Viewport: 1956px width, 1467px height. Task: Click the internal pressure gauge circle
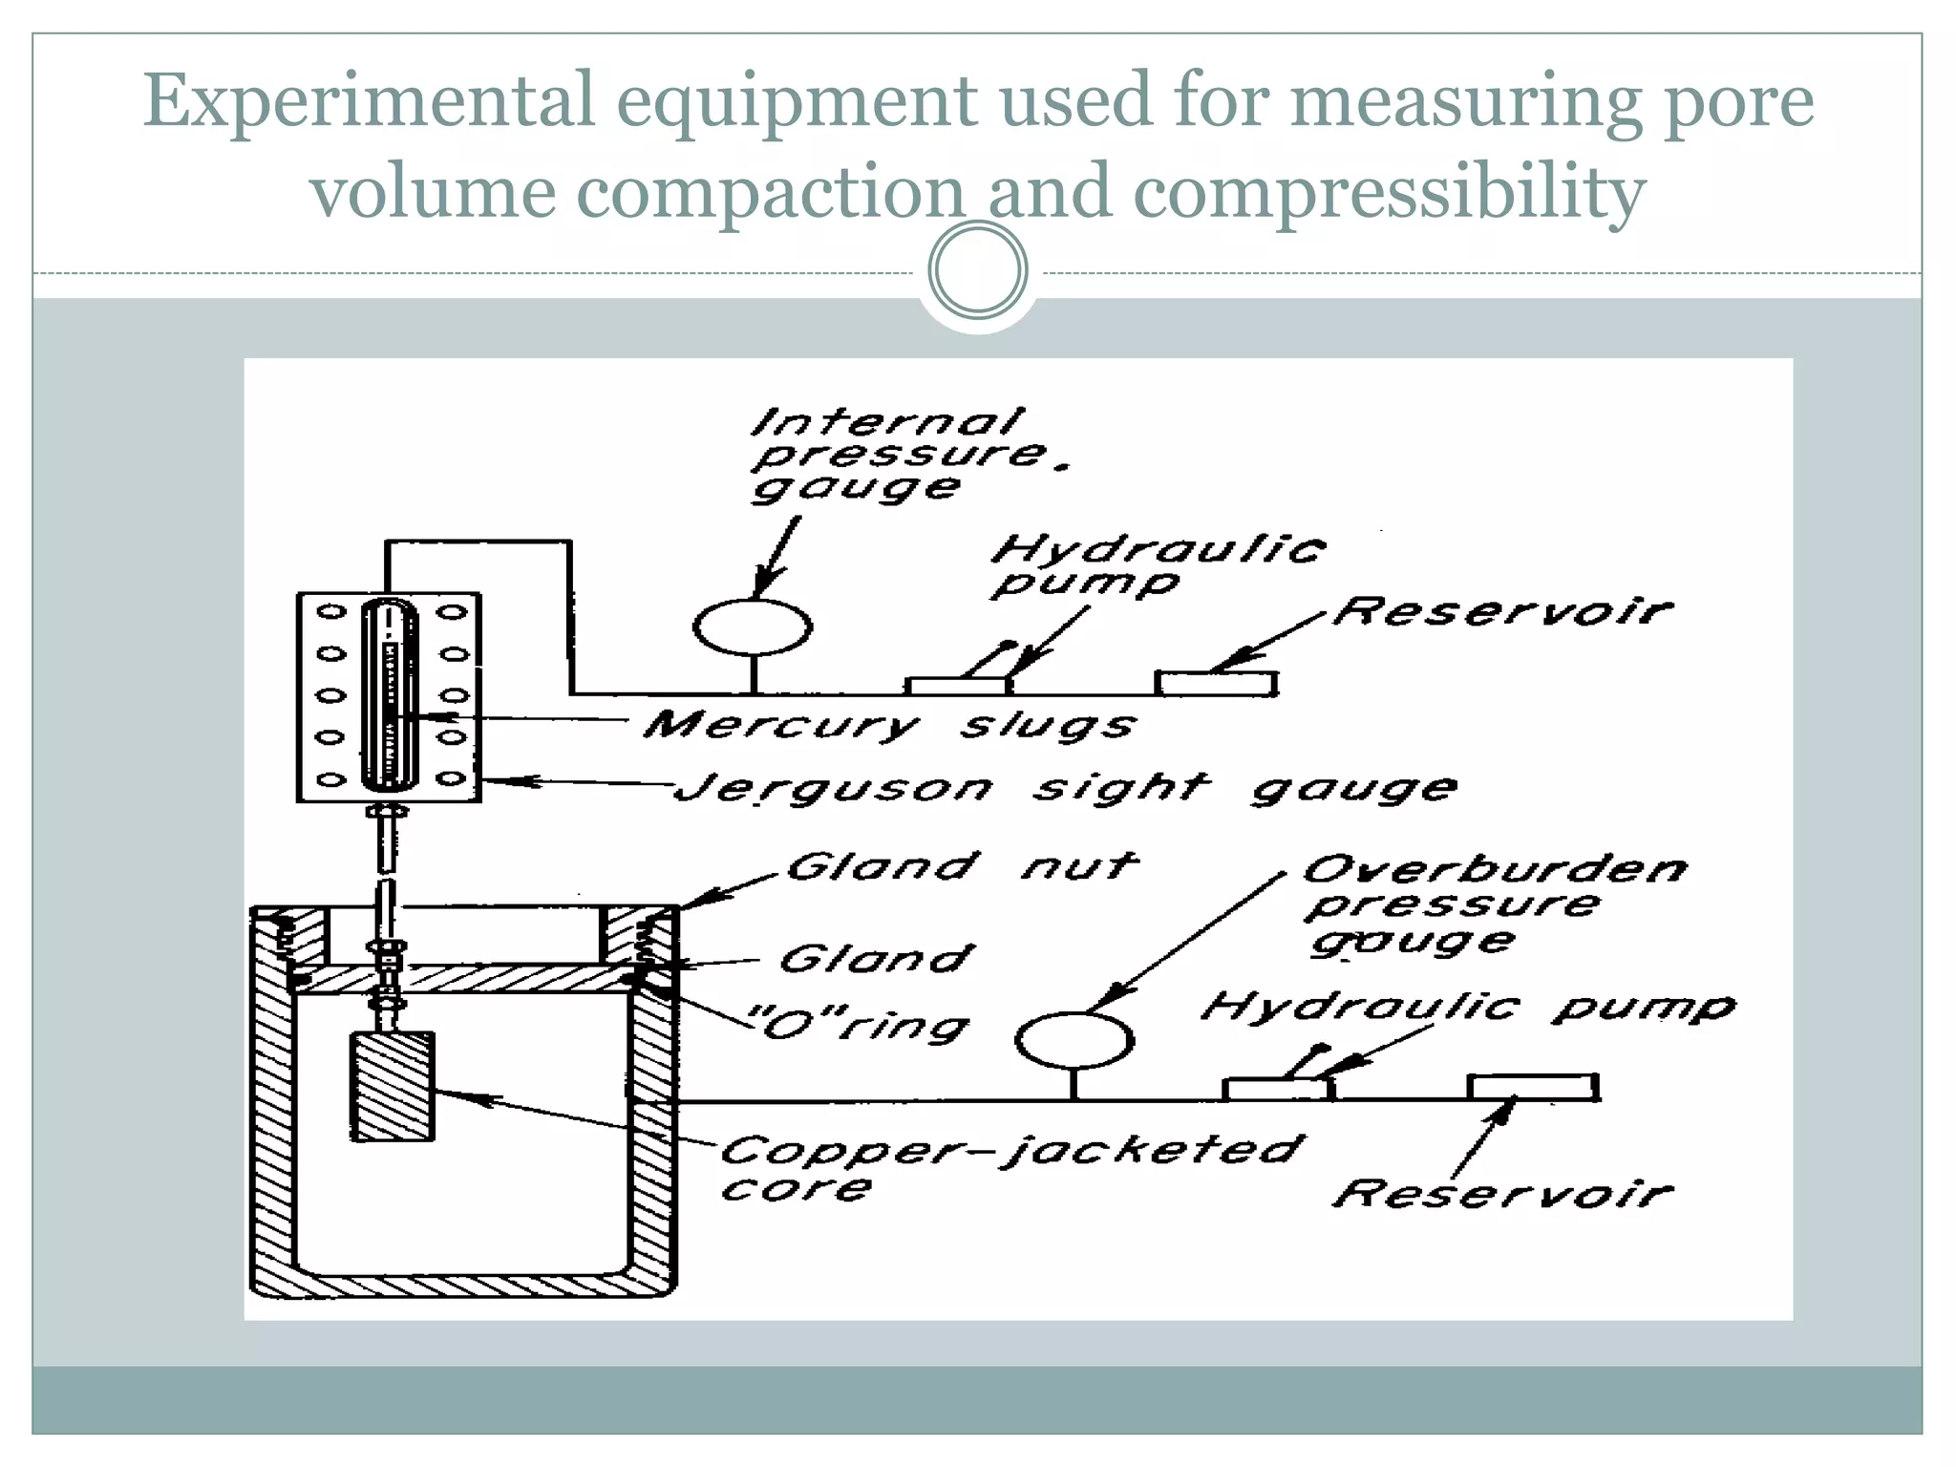pos(753,627)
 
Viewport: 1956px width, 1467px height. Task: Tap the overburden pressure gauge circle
pos(1074,1040)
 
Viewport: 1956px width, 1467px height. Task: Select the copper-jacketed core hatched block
pos(393,1086)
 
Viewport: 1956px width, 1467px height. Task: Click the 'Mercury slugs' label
pos(888,725)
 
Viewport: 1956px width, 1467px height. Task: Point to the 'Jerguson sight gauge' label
pos(1065,789)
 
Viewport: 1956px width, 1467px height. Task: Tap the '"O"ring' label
pos(864,1026)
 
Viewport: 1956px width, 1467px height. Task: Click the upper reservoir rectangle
pos(1216,683)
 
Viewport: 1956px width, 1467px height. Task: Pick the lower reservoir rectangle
pos(1533,1087)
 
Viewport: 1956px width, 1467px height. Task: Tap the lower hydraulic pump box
pos(1277,1089)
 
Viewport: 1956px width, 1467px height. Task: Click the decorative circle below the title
pos(978,270)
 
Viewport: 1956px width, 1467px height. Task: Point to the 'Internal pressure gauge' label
pos(898,455)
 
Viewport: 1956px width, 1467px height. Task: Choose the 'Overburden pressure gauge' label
pos(1495,904)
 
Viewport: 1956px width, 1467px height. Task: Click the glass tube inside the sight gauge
pos(389,693)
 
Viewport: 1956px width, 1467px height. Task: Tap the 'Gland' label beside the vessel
pos(877,959)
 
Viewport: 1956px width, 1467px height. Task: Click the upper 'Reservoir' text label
pos(1502,611)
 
